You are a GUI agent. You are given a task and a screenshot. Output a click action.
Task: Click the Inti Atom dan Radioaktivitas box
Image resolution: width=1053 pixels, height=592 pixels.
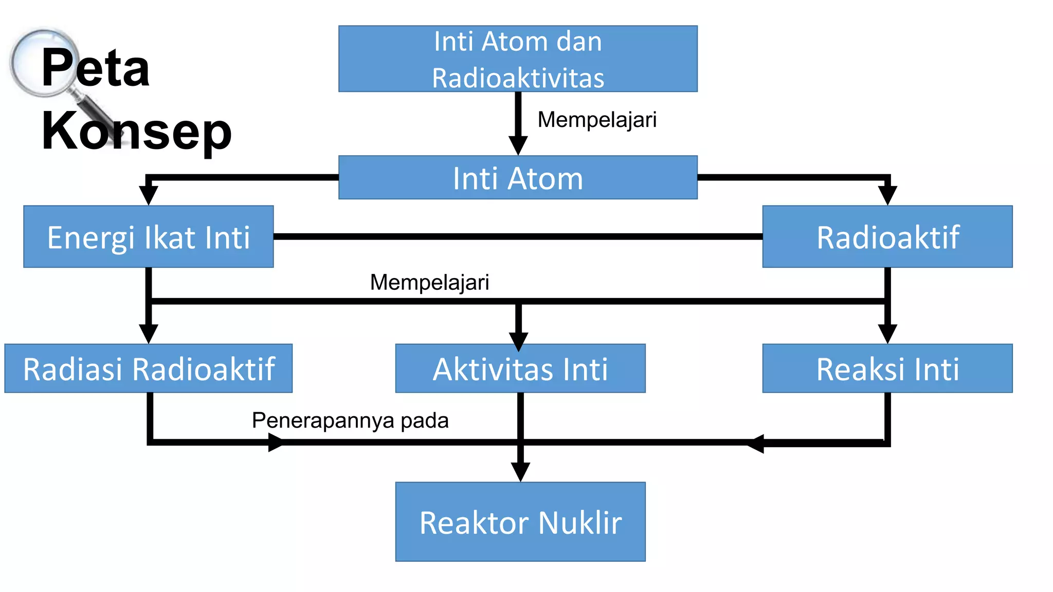(x=518, y=59)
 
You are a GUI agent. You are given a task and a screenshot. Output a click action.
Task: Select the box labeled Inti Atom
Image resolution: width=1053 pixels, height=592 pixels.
(x=518, y=178)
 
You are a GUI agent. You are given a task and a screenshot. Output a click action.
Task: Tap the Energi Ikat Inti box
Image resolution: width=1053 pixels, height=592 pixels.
(x=148, y=237)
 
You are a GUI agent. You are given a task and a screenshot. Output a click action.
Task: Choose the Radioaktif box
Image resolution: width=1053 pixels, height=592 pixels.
(x=887, y=237)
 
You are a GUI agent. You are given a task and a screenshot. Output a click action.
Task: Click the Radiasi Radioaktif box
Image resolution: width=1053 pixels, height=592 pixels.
(x=148, y=368)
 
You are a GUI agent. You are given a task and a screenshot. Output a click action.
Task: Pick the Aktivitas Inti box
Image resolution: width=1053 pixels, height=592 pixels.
(x=520, y=368)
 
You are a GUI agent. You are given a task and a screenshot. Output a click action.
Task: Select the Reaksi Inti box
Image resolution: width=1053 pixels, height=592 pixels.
(x=887, y=368)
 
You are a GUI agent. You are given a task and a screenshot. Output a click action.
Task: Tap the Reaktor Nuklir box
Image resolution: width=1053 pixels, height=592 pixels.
(x=520, y=522)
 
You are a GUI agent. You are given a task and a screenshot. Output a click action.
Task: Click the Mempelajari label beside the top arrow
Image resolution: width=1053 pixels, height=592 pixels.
(x=597, y=120)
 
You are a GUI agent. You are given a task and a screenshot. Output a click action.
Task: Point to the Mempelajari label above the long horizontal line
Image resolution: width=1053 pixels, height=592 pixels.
(x=429, y=282)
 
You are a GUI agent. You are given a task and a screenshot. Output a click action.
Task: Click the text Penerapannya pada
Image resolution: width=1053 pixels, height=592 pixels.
(x=350, y=420)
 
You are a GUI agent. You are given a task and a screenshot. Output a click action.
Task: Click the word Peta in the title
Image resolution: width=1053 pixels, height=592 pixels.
(x=95, y=67)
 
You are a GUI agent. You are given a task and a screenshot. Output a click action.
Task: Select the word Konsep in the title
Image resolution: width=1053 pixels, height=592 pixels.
(x=136, y=131)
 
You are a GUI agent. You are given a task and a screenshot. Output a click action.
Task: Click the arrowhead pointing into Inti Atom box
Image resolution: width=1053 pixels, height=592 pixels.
(x=518, y=145)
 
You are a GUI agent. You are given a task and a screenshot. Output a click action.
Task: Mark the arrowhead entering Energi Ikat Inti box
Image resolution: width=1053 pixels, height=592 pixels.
(x=148, y=196)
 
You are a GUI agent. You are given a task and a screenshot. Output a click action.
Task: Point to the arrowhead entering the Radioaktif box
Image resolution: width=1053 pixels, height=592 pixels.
(x=887, y=196)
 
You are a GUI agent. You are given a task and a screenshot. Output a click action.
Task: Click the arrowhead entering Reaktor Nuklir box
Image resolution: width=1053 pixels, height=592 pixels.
(x=520, y=471)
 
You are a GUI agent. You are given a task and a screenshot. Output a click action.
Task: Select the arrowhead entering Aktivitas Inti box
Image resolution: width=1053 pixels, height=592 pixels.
(x=518, y=340)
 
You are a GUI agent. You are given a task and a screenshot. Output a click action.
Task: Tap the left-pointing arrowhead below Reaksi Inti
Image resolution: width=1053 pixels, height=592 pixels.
(x=756, y=443)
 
